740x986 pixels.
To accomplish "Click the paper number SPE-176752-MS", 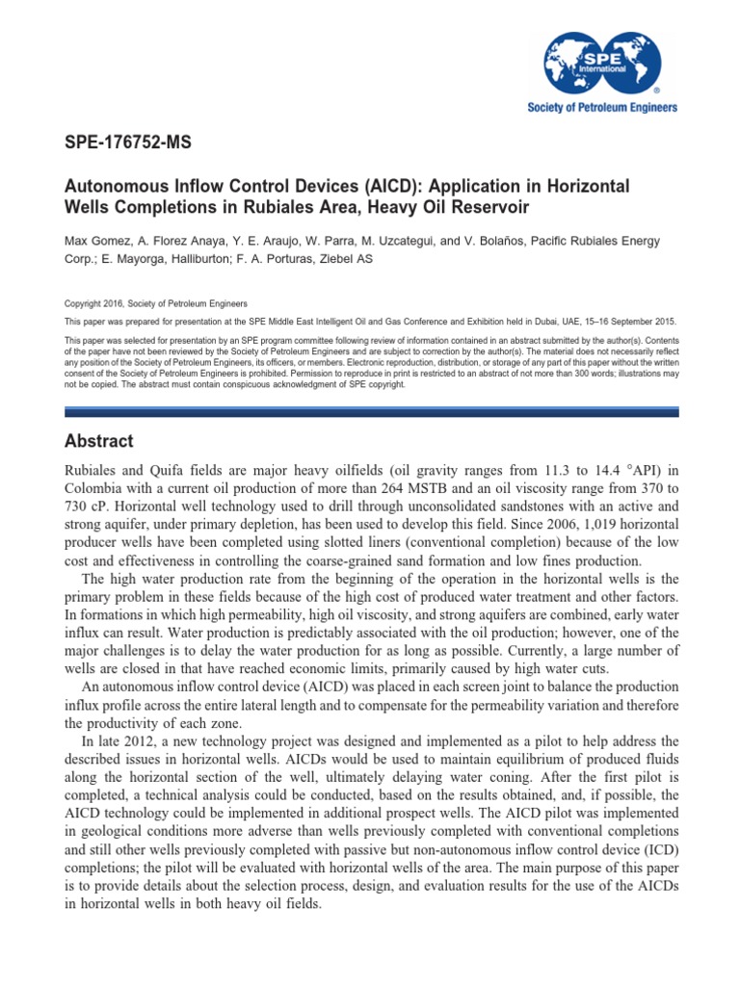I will (127, 143).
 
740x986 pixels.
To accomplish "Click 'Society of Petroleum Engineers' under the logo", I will (602, 108).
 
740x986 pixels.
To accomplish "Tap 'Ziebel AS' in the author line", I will (341, 258).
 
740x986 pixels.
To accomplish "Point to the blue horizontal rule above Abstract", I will (371, 411).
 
